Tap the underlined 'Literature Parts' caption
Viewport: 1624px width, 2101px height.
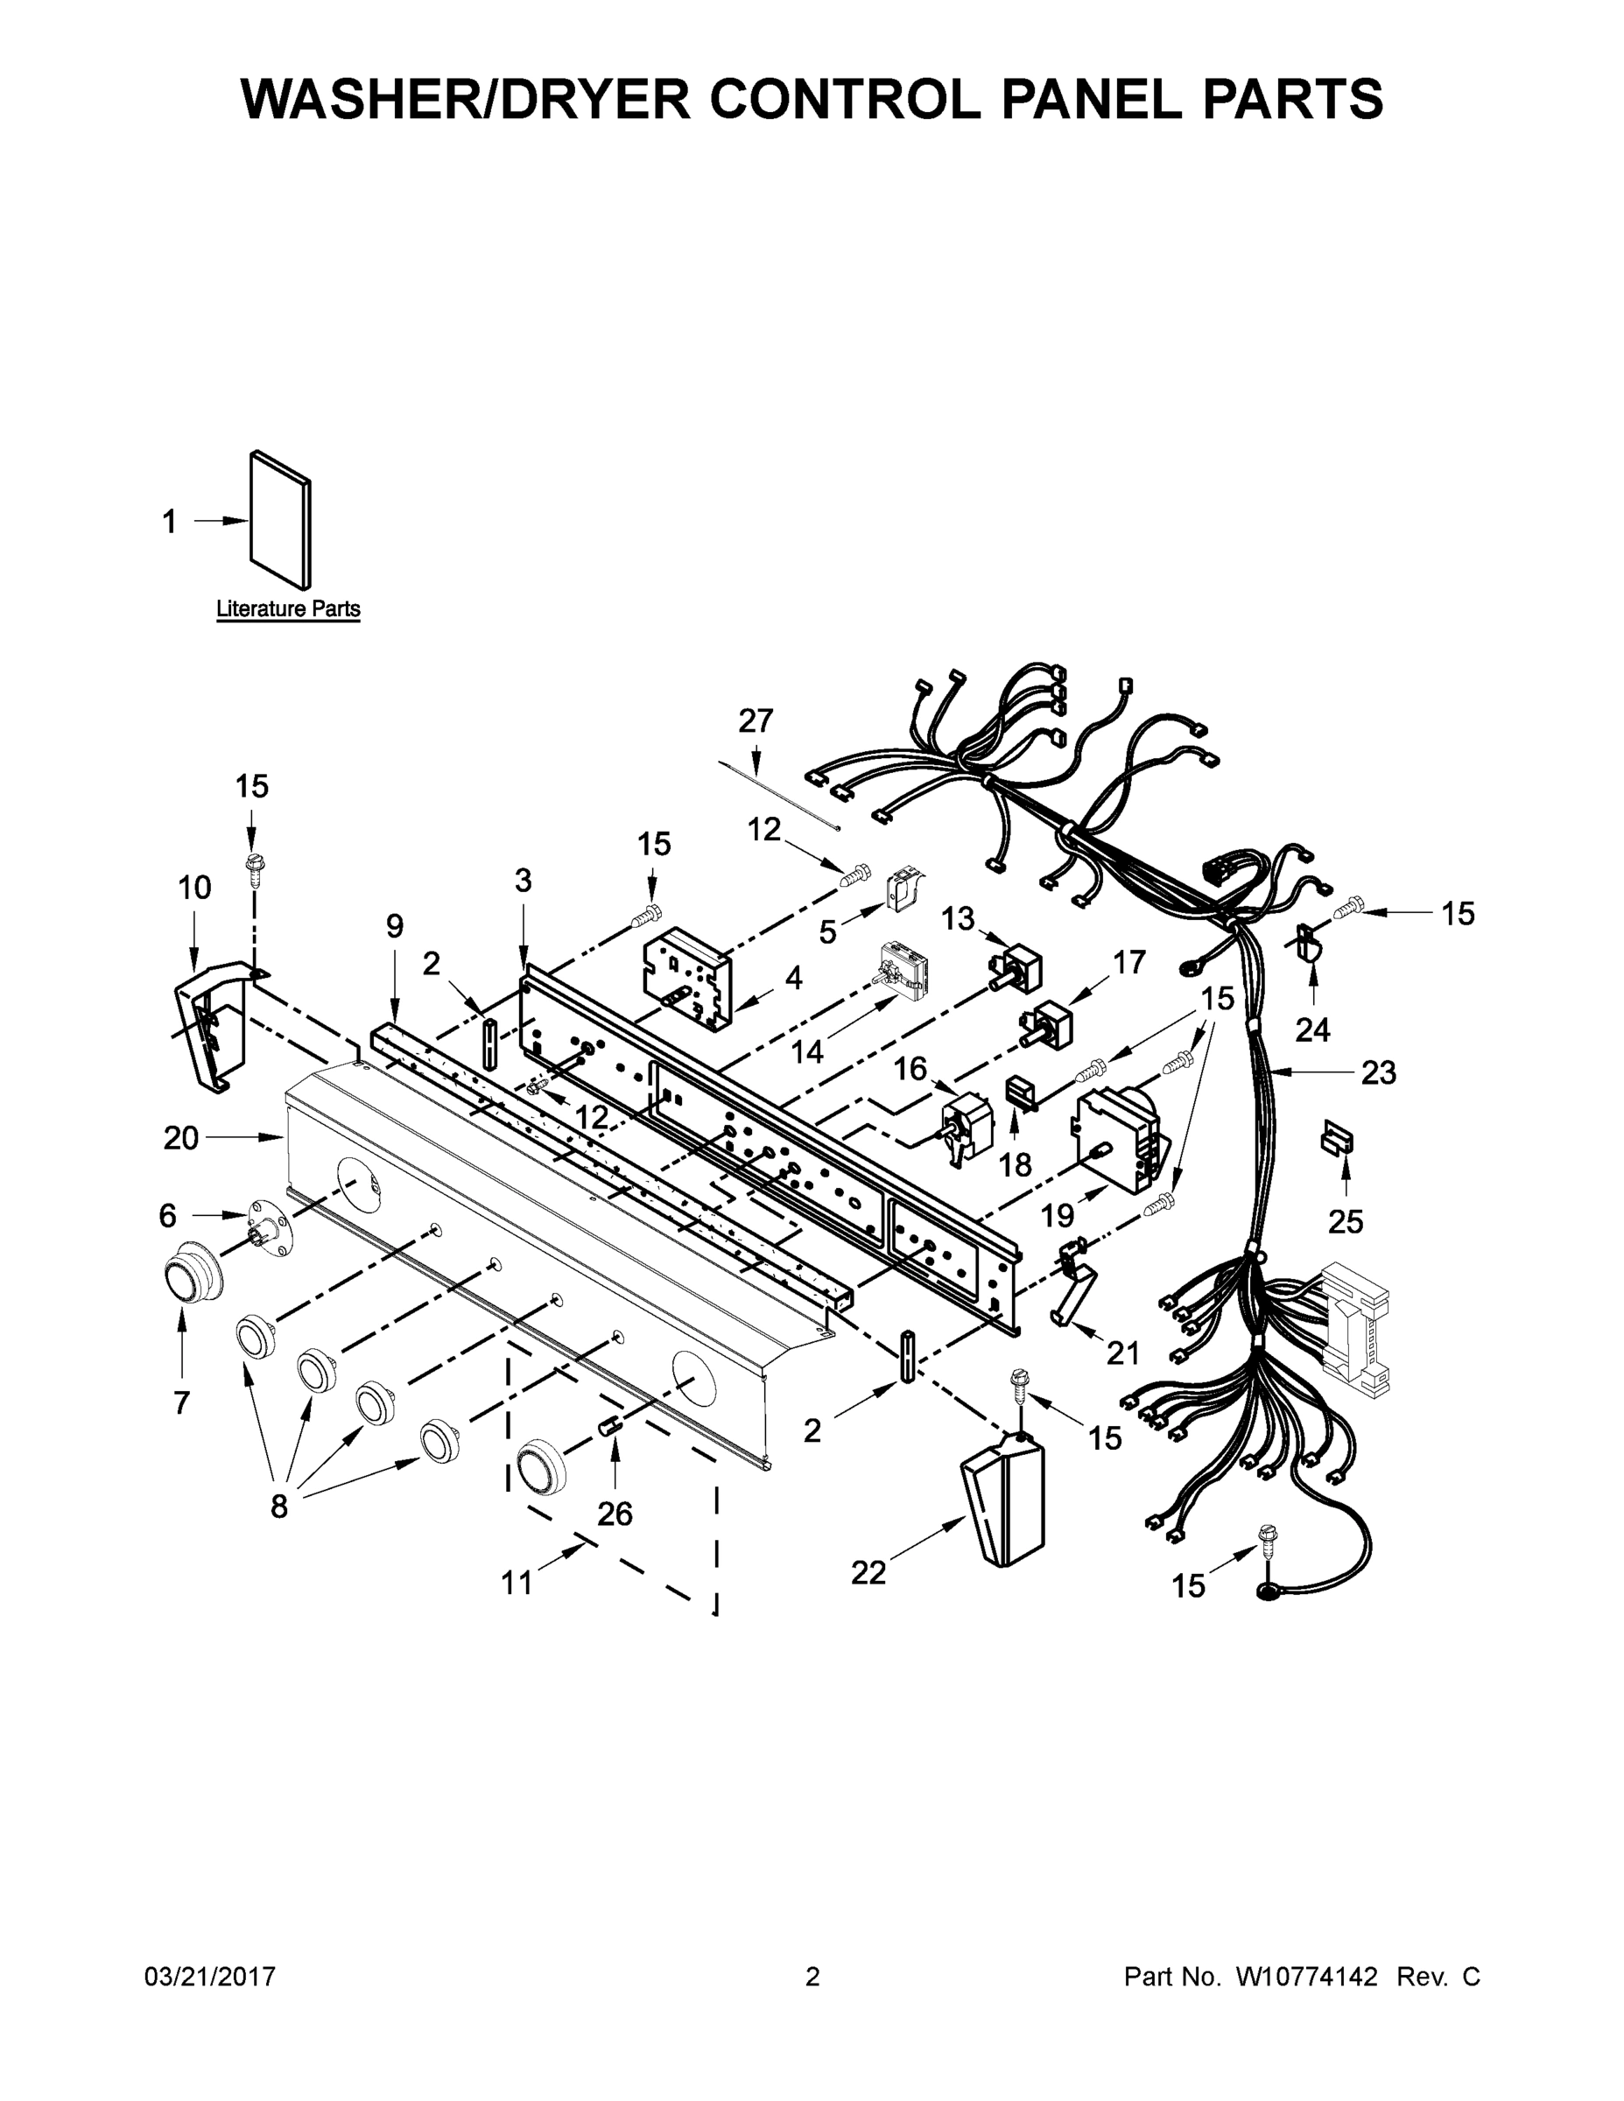288,609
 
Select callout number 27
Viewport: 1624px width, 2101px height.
756,720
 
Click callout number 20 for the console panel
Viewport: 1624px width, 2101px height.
181,1138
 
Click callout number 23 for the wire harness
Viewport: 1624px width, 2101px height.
1378,1072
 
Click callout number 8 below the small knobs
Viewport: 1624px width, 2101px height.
279,1507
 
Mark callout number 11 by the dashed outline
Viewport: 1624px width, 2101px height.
517,1582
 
